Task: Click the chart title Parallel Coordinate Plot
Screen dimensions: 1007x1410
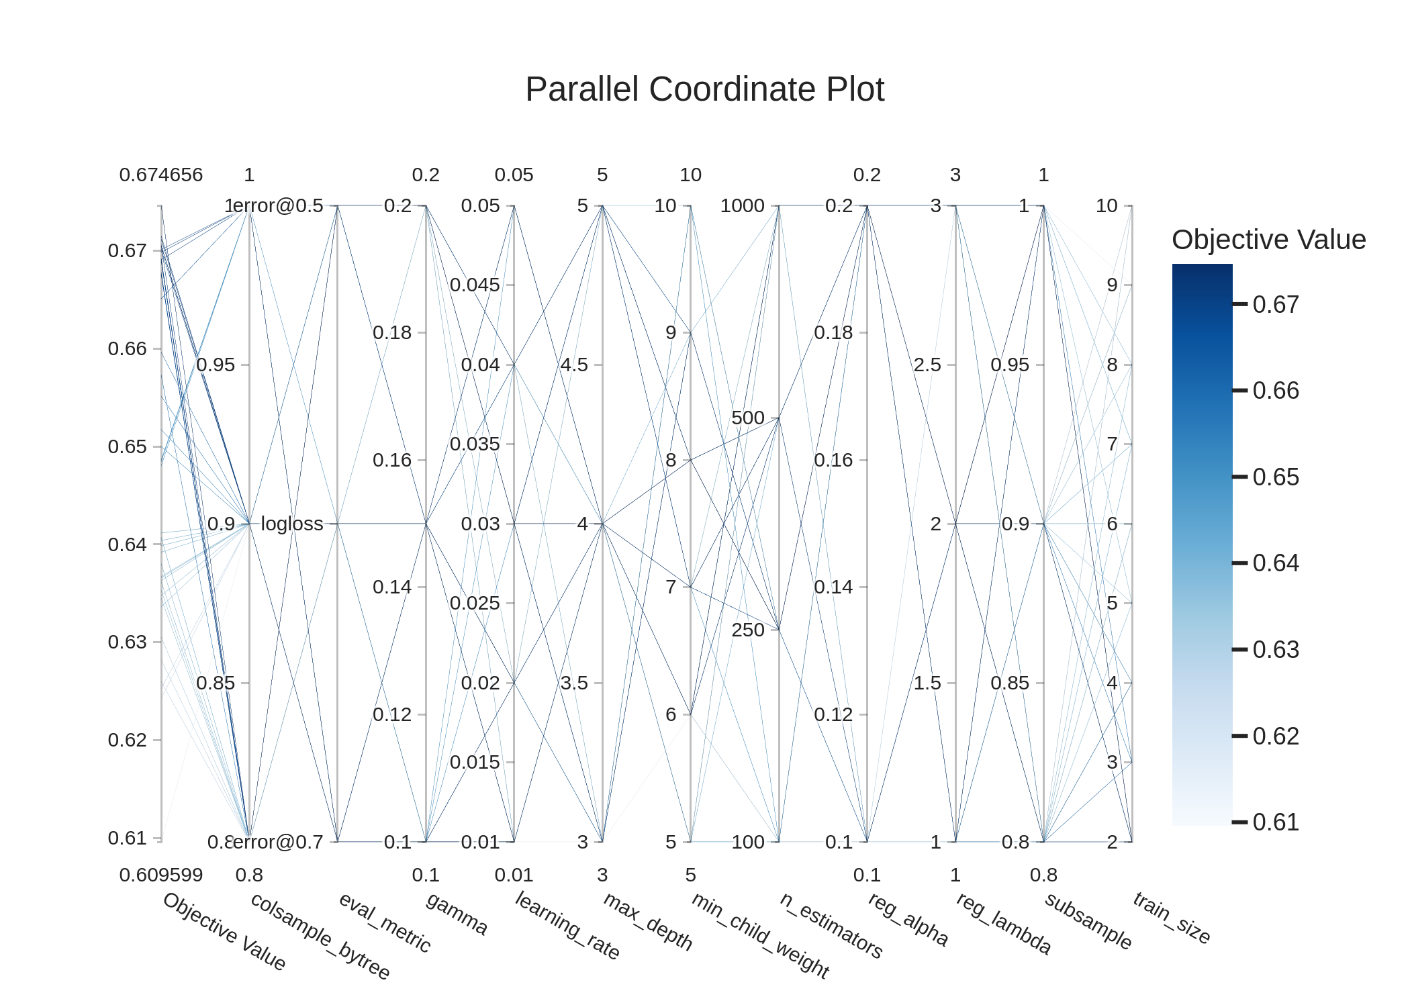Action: point(704,89)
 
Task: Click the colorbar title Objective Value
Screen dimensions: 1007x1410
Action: point(1268,240)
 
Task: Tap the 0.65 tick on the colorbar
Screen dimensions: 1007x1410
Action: point(1276,477)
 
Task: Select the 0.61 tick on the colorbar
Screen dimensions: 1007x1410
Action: point(1276,822)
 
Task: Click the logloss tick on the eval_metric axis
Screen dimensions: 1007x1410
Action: point(292,524)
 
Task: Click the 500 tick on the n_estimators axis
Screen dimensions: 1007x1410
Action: point(748,418)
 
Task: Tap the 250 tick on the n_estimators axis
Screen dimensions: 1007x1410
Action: point(748,630)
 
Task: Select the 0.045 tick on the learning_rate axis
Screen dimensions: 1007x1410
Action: point(475,285)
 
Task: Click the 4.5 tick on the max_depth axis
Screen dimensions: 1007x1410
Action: point(574,365)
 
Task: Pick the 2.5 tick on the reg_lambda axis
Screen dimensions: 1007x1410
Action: point(927,365)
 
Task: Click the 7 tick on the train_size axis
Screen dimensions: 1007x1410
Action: point(1112,444)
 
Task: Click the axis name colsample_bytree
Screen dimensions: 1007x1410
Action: point(320,937)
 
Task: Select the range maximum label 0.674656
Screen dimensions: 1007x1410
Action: point(161,175)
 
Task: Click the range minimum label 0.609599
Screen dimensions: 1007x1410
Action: point(161,875)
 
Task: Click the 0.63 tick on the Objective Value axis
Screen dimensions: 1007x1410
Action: point(127,642)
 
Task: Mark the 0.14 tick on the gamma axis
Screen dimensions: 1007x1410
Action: point(392,587)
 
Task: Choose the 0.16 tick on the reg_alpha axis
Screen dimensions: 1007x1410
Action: point(833,460)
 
